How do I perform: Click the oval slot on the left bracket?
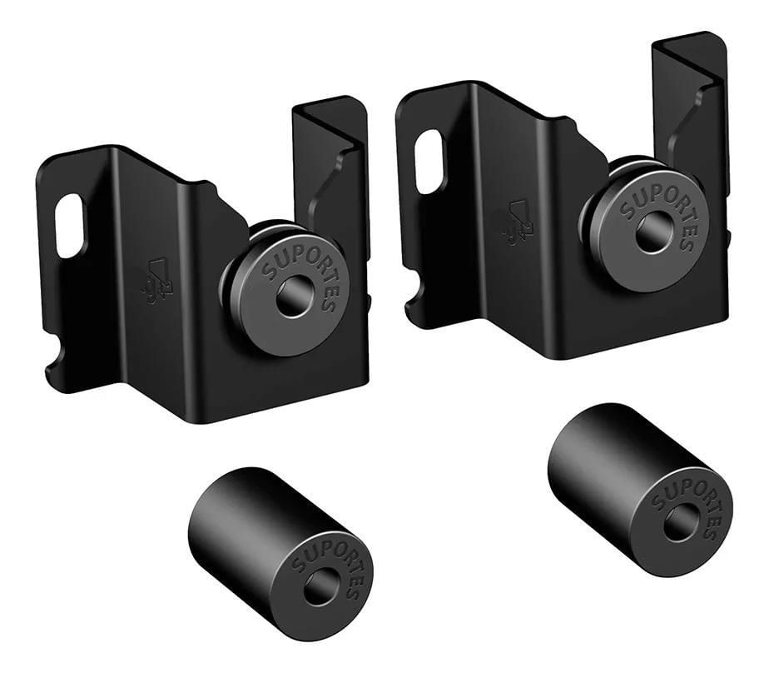pos(70,226)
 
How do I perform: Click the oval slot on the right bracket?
pos(429,162)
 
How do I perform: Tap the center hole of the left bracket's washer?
pos(295,296)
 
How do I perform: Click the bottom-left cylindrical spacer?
pos(280,555)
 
